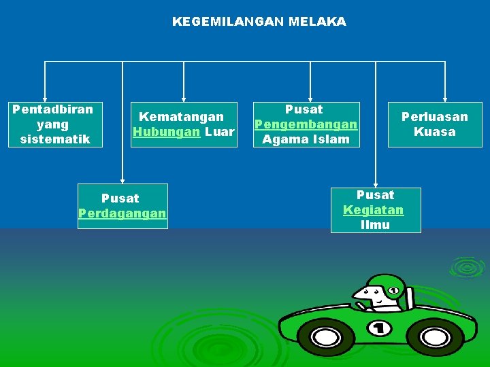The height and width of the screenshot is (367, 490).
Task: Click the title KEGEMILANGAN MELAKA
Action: coord(259,22)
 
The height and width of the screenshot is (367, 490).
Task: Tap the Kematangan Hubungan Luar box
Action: coord(184,124)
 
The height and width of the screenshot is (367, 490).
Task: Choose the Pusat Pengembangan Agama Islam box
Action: coord(306,124)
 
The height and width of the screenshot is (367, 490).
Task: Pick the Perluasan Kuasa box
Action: coord(434,124)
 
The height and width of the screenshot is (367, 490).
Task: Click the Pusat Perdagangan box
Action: coord(122,206)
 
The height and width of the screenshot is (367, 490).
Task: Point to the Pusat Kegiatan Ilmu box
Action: coord(375,210)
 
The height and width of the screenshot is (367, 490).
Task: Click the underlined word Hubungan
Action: coord(166,132)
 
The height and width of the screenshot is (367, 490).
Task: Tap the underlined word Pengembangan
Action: coord(306,124)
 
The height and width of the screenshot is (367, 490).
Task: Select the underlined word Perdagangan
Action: coord(122,213)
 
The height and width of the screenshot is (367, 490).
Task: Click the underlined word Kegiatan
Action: coord(373,210)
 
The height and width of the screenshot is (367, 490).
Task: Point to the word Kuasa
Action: coord(434,132)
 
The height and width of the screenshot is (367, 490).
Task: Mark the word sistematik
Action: coord(55,139)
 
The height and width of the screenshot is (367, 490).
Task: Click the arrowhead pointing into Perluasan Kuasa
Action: coord(445,98)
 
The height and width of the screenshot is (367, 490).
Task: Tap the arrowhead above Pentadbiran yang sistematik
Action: coord(45,98)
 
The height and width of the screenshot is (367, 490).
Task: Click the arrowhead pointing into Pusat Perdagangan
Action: coord(122,179)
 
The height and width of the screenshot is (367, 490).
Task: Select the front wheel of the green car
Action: coord(331,336)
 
